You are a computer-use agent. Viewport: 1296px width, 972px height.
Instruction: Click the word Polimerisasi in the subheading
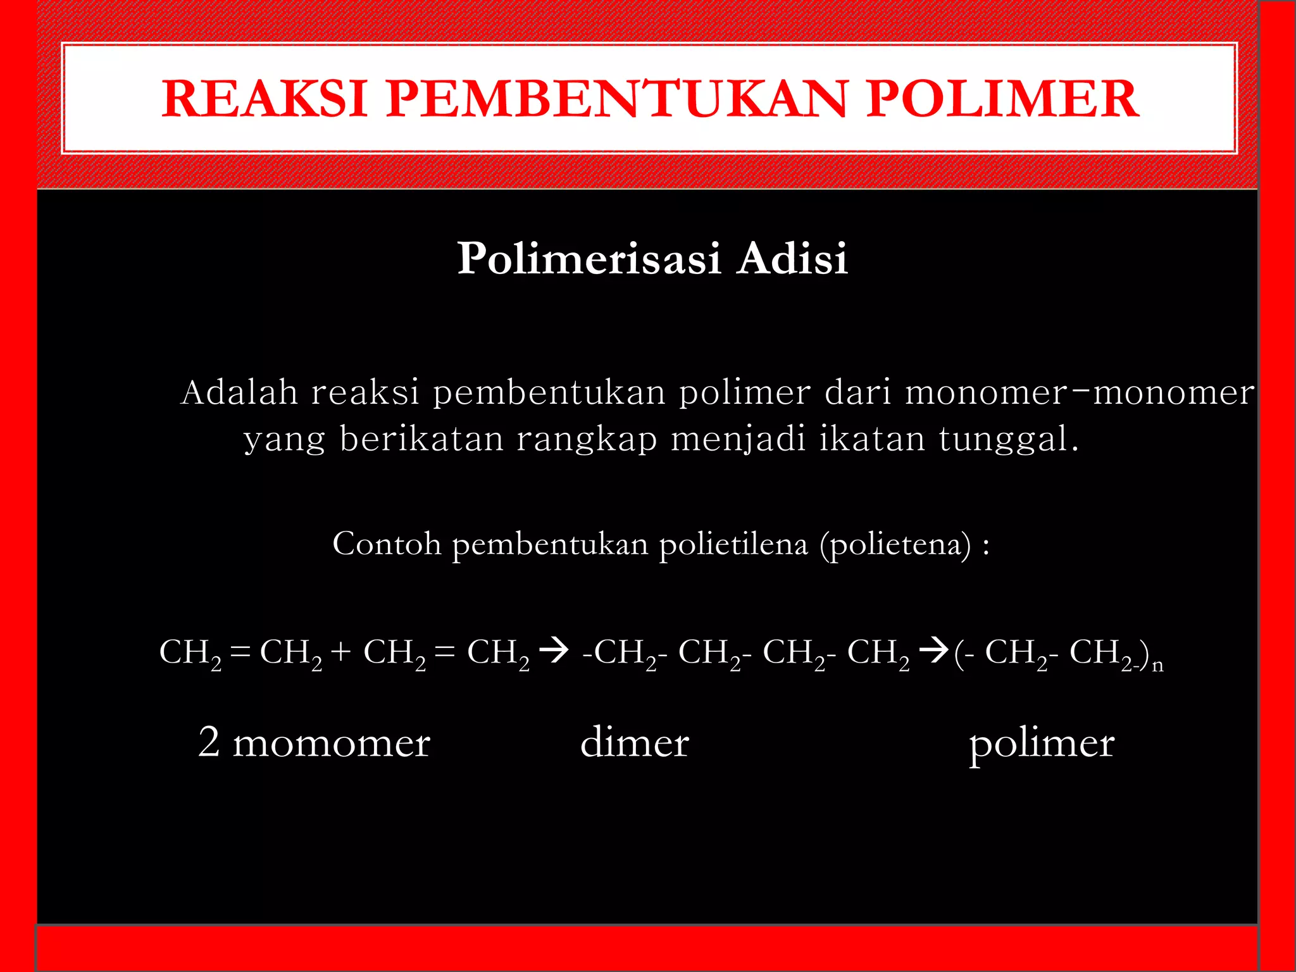click(589, 259)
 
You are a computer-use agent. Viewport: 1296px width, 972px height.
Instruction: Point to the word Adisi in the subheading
click(792, 259)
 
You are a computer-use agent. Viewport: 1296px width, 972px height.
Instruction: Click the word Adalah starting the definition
click(239, 392)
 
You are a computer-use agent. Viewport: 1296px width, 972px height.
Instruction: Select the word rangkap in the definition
click(587, 439)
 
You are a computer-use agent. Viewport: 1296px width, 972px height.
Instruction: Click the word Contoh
click(387, 544)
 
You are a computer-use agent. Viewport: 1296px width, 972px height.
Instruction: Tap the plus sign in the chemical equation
click(340, 652)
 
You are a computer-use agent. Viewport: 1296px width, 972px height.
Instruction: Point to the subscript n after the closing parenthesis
click(1157, 666)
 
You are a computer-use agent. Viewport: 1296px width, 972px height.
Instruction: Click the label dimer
click(634, 743)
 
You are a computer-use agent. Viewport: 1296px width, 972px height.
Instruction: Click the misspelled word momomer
click(332, 743)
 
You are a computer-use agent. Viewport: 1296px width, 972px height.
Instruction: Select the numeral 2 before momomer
click(209, 742)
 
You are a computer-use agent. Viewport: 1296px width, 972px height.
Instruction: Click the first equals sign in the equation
click(240, 652)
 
